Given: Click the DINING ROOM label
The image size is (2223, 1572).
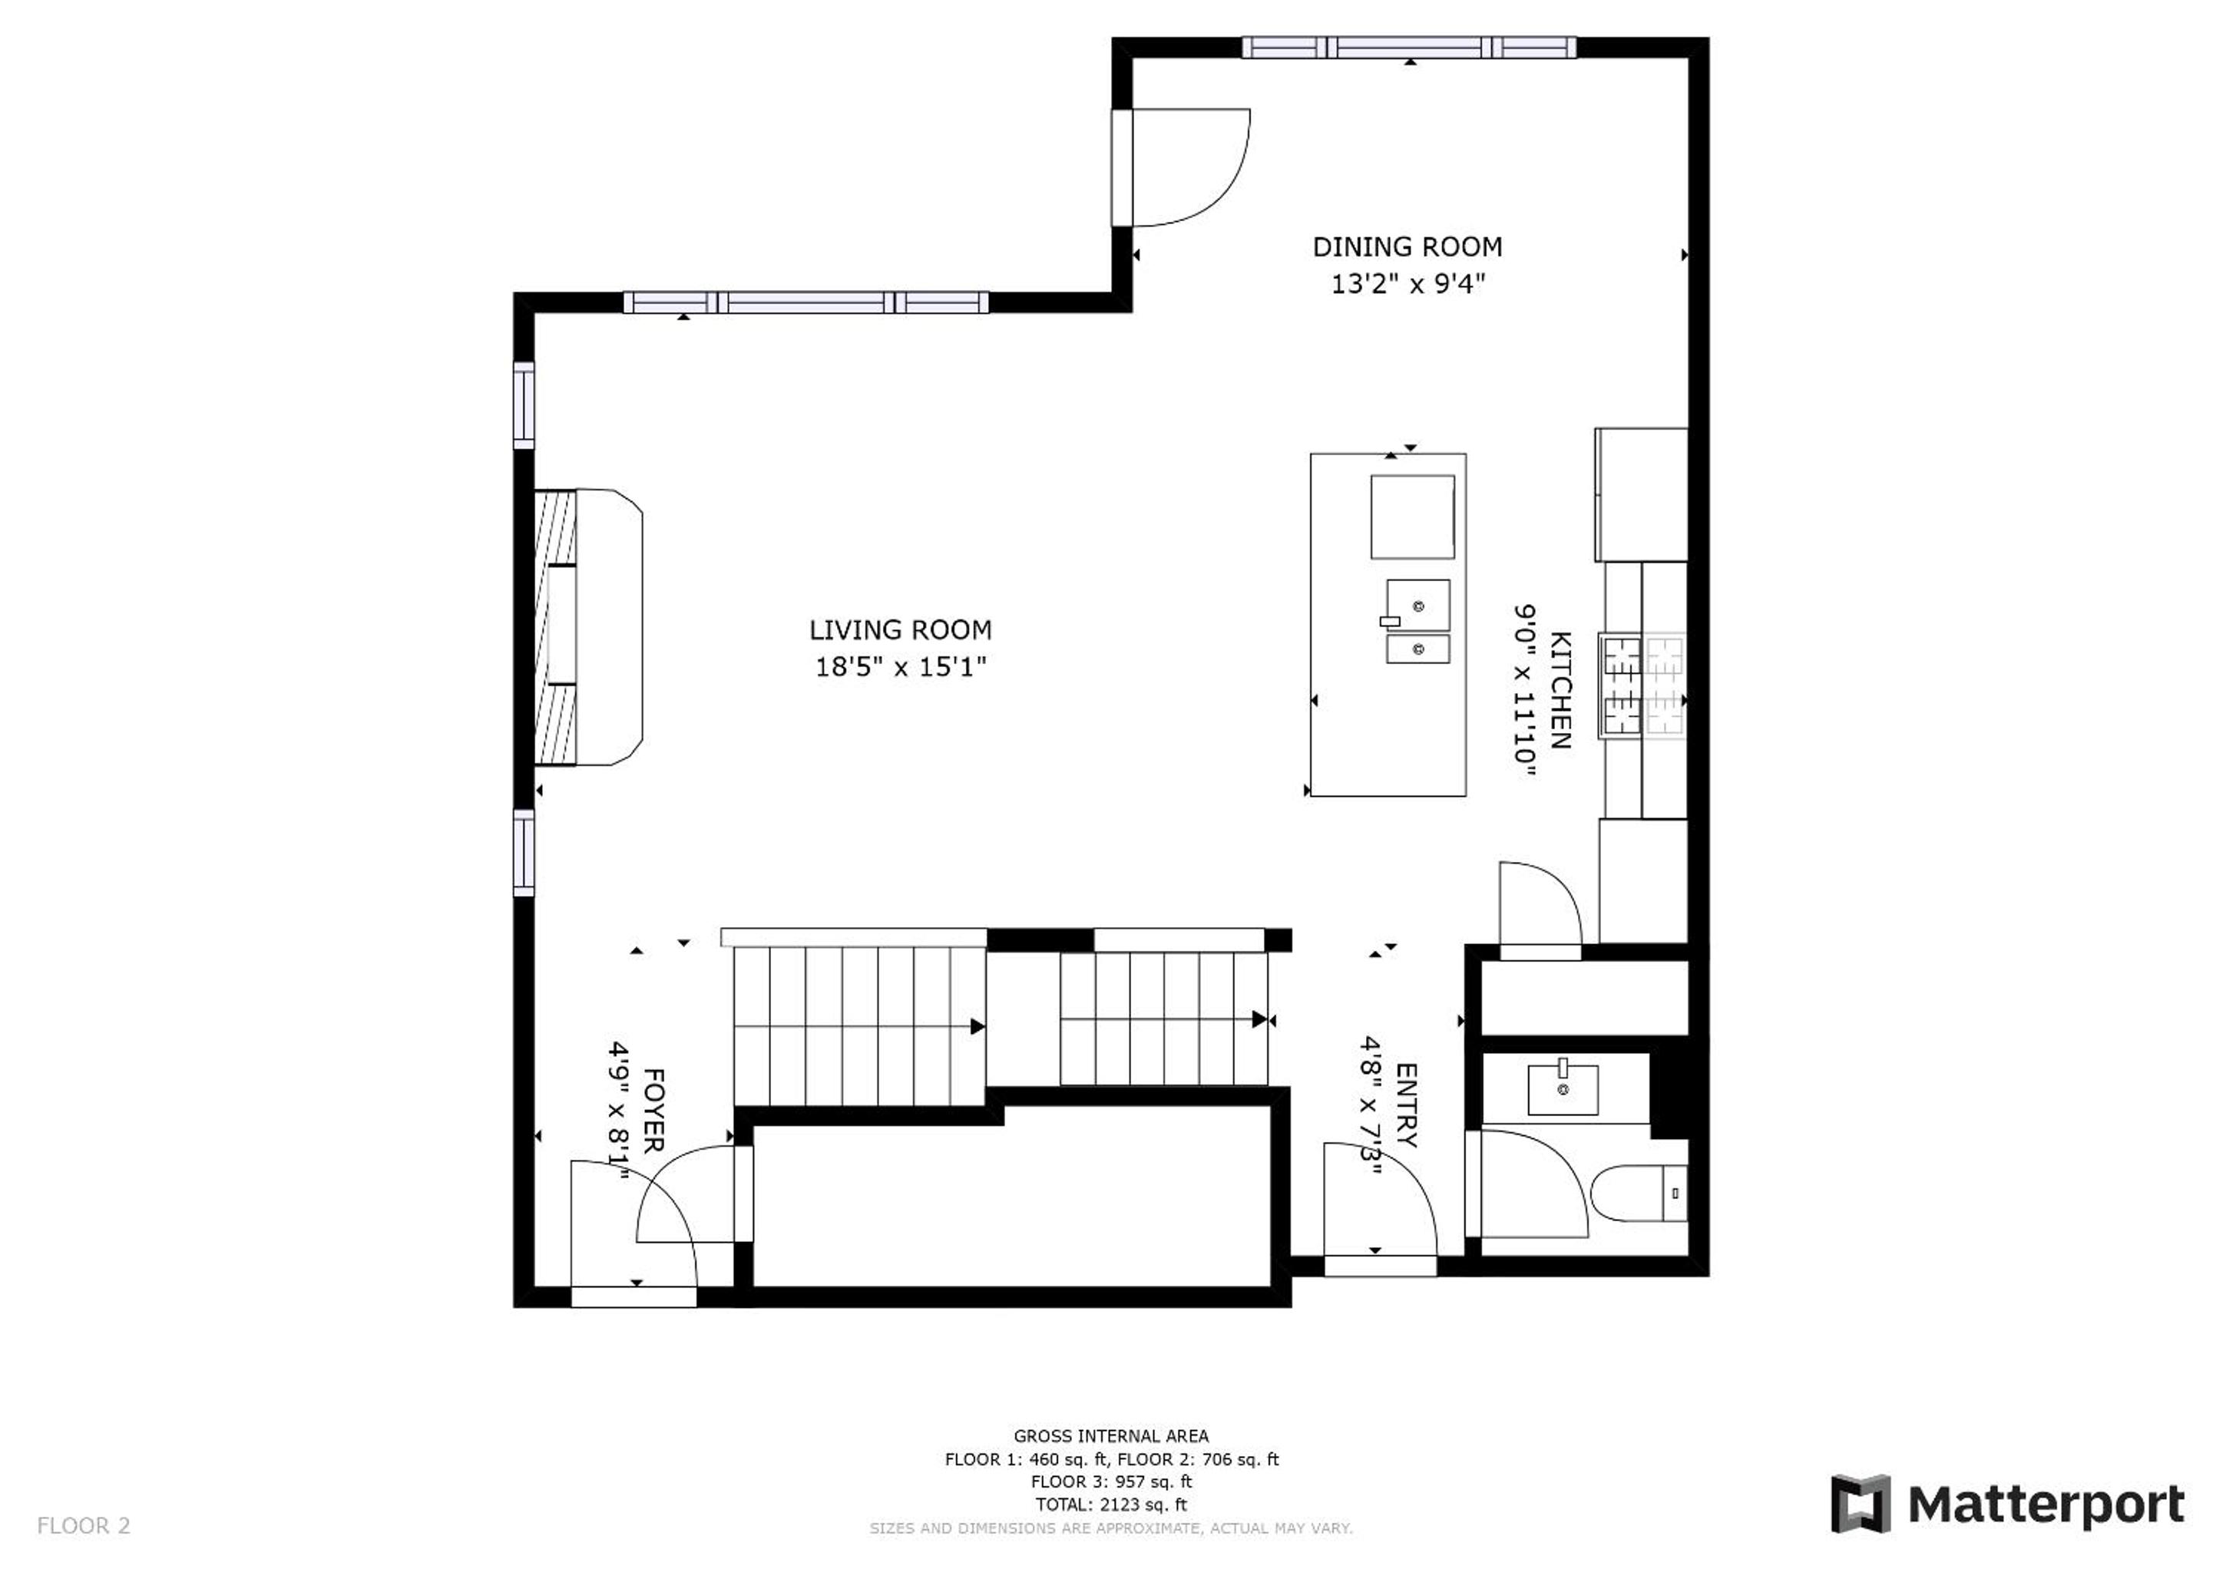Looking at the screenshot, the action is (1407, 248).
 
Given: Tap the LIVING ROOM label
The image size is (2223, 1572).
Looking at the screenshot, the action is (901, 630).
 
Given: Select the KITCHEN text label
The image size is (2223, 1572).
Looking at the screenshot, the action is (1560, 690).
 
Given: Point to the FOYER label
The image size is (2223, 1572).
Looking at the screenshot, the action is (653, 1110).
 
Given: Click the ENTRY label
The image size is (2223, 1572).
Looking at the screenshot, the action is (1406, 1105).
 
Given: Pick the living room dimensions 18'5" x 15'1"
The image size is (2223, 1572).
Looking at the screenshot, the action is (901, 667).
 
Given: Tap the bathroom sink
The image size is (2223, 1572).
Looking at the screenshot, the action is (1563, 1089).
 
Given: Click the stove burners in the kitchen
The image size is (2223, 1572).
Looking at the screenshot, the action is (1644, 685).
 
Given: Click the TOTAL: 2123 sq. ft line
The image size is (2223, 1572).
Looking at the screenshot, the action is (1112, 1505).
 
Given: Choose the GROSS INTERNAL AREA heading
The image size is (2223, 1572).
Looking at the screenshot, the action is (1112, 1436).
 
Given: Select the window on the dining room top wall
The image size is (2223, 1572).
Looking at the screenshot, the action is (1410, 48).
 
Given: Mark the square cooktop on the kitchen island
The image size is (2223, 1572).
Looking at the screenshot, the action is (1413, 517).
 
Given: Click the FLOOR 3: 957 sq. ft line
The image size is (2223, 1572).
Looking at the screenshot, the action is (1112, 1482).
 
